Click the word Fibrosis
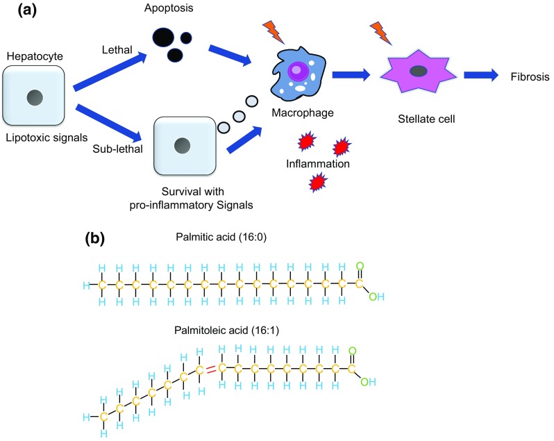click(x=530, y=76)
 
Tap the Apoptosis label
click(x=169, y=8)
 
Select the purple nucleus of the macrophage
click(x=296, y=69)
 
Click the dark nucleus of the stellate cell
click(x=419, y=71)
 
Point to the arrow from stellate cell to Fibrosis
click(x=481, y=75)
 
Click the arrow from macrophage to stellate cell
click(x=351, y=74)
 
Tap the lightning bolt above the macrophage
click(x=274, y=32)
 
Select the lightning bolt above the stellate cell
click(x=381, y=33)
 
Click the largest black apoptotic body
click(x=163, y=37)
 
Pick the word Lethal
click(x=117, y=50)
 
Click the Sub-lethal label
click(x=117, y=149)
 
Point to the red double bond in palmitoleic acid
click(x=210, y=370)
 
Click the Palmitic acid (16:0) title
click(x=221, y=237)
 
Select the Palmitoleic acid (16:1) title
click(x=226, y=331)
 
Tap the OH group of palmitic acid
click(x=377, y=297)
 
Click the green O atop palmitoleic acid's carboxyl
click(x=352, y=351)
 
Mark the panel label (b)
click(x=95, y=238)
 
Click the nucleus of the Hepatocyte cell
click(x=35, y=97)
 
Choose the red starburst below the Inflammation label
click(x=318, y=183)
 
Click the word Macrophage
click(x=303, y=113)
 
